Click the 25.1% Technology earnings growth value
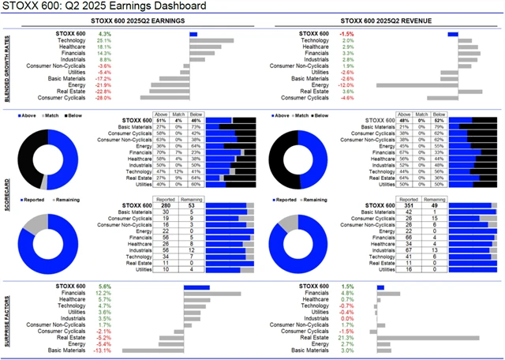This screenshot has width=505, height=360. (x=103, y=41)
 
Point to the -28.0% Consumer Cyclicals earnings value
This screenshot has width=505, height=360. (x=103, y=98)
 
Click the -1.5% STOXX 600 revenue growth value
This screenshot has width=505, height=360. (x=346, y=35)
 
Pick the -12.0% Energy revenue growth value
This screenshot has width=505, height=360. (x=346, y=85)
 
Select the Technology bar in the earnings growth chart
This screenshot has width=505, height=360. (x=211, y=41)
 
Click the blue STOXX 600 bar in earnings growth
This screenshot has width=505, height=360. (x=193, y=35)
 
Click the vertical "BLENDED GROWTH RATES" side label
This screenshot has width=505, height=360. (x=6, y=67)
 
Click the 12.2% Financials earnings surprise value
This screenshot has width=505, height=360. (x=103, y=293)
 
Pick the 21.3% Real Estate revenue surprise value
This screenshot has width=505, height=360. (x=346, y=337)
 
